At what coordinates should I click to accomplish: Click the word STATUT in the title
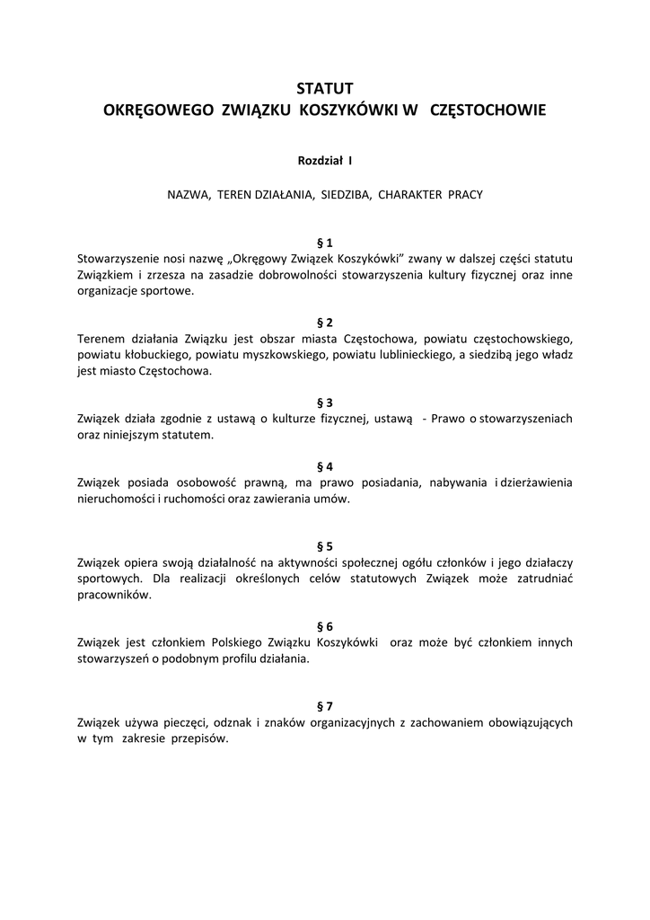pyautogui.click(x=325, y=88)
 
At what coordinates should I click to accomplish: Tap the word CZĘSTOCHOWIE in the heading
pyautogui.click(x=487, y=111)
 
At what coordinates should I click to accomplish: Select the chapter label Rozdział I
pyautogui.click(x=325, y=161)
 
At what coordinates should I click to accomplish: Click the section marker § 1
pyautogui.click(x=325, y=243)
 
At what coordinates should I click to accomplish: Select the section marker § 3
pyautogui.click(x=325, y=402)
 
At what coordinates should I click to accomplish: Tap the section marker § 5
pyautogui.click(x=325, y=546)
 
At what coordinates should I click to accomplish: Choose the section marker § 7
pyautogui.click(x=325, y=706)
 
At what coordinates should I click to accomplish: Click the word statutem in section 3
pyautogui.click(x=186, y=435)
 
